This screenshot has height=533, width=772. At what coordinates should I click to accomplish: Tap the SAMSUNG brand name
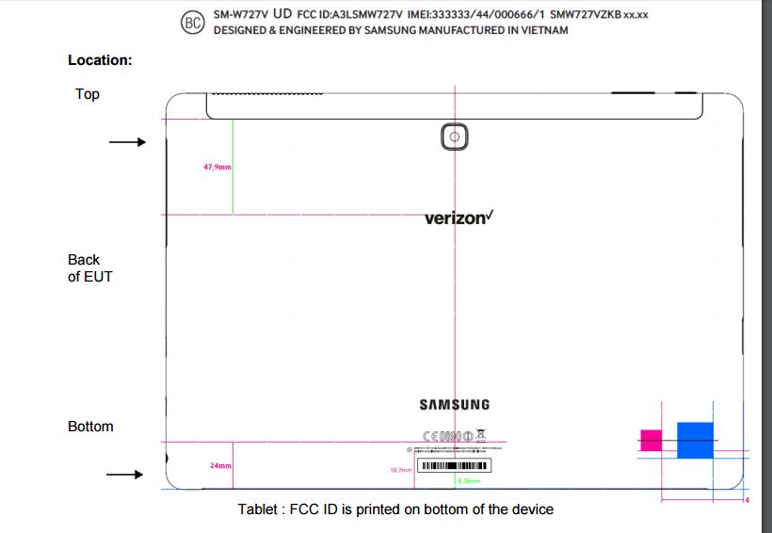pos(455,405)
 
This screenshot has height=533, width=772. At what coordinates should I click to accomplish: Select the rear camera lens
pos(455,138)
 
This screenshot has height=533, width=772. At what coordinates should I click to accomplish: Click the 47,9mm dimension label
pos(217,167)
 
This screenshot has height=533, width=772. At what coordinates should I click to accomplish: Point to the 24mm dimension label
pos(221,465)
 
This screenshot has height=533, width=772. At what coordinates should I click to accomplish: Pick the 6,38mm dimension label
pos(468,480)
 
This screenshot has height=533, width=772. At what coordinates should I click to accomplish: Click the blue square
pos(695,440)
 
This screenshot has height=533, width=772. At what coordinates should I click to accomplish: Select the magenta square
pos(651,439)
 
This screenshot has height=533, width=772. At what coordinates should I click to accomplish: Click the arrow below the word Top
pos(127,142)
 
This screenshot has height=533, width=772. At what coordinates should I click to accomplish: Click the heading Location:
pos(100,60)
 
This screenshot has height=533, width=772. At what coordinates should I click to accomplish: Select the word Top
pos(87,94)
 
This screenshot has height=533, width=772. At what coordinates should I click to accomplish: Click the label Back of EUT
pos(88,268)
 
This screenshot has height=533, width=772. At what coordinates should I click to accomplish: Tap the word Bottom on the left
pos(90,427)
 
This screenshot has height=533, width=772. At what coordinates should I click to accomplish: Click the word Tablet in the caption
pos(257,509)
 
